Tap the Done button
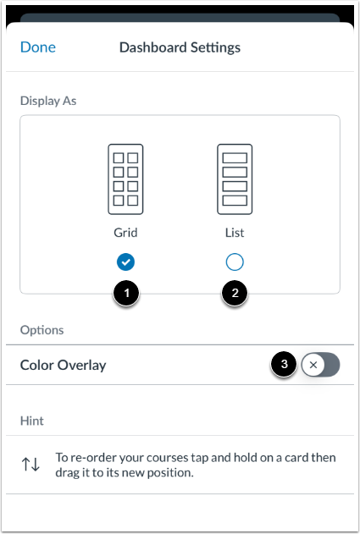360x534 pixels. point(38,47)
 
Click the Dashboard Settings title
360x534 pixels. point(180,47)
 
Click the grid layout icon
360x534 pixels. point(125,179)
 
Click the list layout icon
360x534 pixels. point(235,179)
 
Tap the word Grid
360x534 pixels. point(125,232)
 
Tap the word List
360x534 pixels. point(235,232)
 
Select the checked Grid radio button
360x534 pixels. point(125,261)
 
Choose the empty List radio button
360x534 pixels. point(235,261)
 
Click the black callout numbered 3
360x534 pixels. point(284,365)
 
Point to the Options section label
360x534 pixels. point(41,329)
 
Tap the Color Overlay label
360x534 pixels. point(64,366)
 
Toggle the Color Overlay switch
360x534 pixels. point(321,366)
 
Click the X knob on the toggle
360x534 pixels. point(313,366)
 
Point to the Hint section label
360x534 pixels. point(33,420)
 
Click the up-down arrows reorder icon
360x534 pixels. point(30,465)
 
